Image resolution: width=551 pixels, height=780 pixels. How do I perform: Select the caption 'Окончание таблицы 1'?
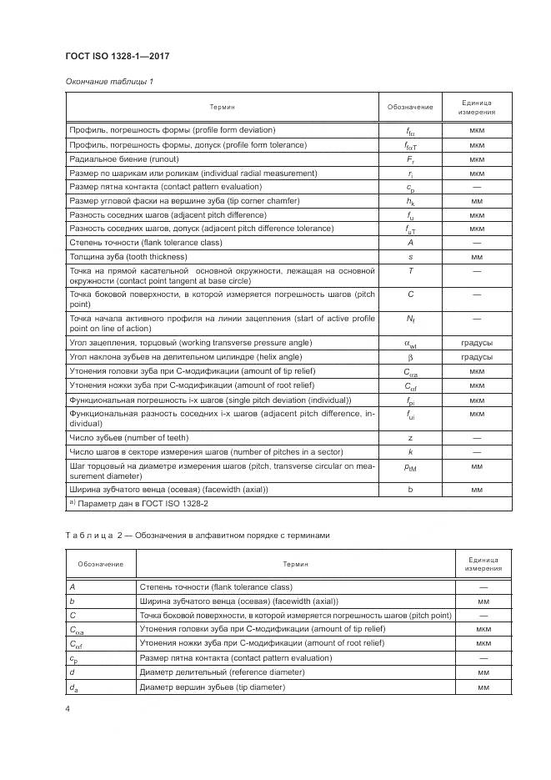click(108, 82)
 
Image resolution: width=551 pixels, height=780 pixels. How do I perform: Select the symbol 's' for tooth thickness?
click(410, 257)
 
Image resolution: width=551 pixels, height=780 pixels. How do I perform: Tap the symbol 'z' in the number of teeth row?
click(410, 437)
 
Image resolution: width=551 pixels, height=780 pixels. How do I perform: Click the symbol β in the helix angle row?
click(410, 356)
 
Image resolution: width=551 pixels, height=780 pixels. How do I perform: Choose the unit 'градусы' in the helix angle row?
click(476, 356)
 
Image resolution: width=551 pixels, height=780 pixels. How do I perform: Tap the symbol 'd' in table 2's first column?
click(73, 672)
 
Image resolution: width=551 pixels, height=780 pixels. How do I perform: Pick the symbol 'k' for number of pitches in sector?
click(410, 451)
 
